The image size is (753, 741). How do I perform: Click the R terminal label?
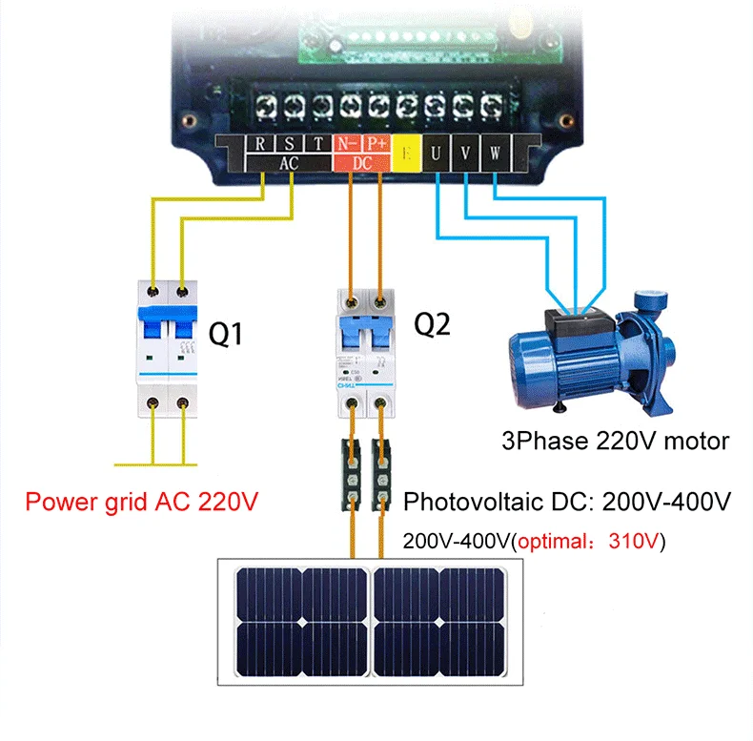(x=261, y=146)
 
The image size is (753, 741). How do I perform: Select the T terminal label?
(x=317, y=146)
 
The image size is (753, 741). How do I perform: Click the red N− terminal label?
(x=347, y=146)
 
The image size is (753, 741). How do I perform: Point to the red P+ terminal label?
(x=377, y=146)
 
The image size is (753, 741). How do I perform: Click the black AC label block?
(x=289, y=164)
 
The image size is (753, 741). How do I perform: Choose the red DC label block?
(x=362, y=164)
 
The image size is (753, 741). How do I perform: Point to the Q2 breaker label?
(x=432, y=325)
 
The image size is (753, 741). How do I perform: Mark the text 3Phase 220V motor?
(x=616, y=442)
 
